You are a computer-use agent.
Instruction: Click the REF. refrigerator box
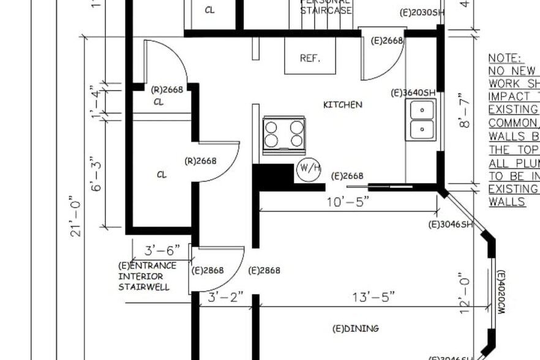pos(310,57)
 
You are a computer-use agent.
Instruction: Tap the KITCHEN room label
pos(342,105)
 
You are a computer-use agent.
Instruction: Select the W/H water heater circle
pos(309,170)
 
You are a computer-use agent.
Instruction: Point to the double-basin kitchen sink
pos(422,119)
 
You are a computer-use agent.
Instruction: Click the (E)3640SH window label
pos(413,92)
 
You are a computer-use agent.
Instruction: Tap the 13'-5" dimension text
pos(373,297)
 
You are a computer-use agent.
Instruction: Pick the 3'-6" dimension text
pos(162,250)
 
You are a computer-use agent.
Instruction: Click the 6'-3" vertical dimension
pos(97,175)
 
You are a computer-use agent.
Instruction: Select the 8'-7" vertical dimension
pos(465,110)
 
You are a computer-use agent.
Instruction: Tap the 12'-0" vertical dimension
pos(465,294)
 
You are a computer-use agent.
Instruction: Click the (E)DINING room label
pos(355,329)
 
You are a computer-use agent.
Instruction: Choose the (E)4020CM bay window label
pos(501,293)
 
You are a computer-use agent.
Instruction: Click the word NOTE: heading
pos(504,58)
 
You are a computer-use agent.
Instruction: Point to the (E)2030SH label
pos(421,12)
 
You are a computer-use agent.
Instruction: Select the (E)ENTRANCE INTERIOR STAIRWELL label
pos(147,276)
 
